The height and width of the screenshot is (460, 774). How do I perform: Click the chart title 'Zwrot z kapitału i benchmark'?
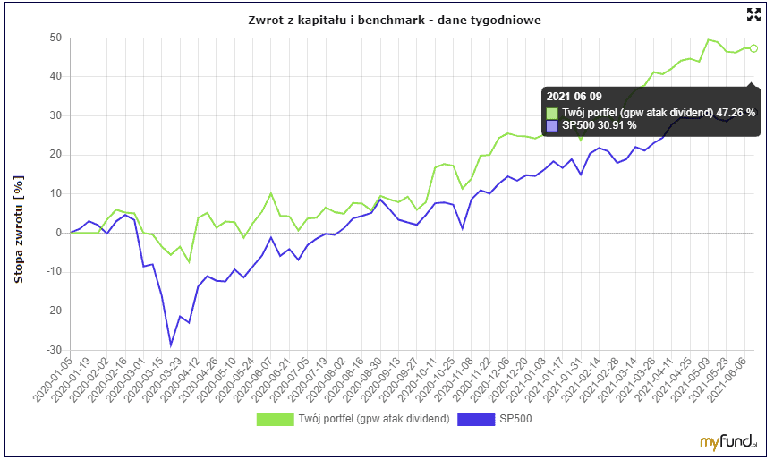[394, 20]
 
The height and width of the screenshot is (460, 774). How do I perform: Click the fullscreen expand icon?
[753, 13]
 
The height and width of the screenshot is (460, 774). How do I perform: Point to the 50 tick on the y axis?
[55, 38]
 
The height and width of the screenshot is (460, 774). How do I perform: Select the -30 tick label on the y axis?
[53, 350]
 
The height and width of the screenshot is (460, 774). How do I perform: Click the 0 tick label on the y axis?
[58, 233]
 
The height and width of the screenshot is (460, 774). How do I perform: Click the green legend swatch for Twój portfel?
[276, 419]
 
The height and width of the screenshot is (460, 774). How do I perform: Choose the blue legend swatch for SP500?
[475, 419]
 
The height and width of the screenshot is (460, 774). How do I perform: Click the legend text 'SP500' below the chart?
[515, 419]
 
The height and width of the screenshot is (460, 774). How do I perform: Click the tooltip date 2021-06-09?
[574, 97]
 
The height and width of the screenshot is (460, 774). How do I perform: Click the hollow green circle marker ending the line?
[753, 48]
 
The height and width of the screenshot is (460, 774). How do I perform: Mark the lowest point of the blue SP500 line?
[171, 345]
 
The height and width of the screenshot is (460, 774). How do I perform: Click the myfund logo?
[730, 441]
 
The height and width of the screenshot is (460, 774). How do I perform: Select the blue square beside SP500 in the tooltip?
[552, 125]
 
